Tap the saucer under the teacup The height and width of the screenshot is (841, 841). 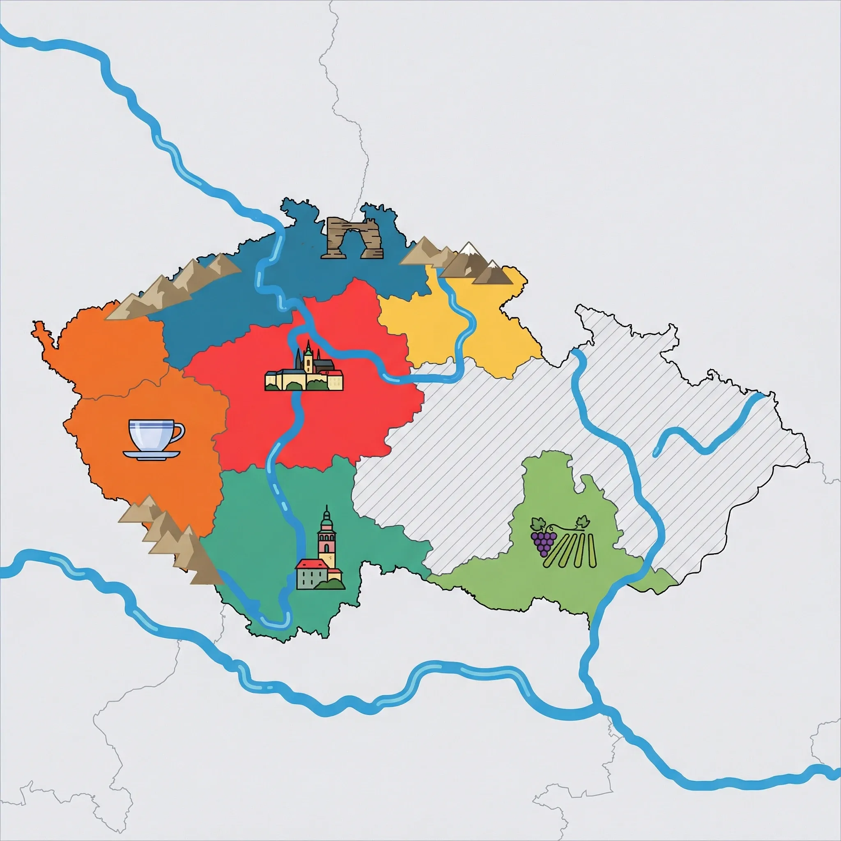click(x=151, y=455)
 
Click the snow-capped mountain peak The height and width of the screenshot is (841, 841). click(x=469, y=250)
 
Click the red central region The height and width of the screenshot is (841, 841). click(x=348, y=418)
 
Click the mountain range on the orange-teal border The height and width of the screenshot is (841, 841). click(x=170, y=540)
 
